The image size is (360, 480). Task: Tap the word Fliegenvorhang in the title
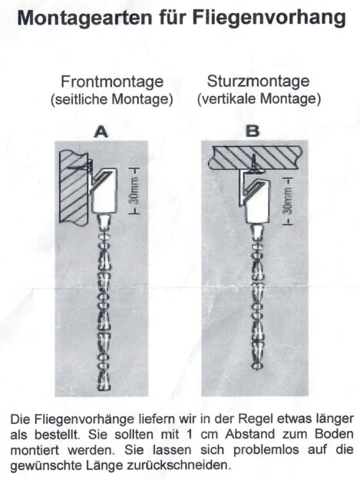tap(269, 18)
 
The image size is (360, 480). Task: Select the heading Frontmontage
tap(112, 81)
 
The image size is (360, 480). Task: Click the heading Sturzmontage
tap(258, 81)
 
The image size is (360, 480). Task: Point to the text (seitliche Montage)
tap(112, 100)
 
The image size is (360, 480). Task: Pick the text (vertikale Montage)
tap(259, 99)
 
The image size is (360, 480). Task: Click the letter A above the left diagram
tap(101, 132)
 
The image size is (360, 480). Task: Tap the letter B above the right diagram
tap(253, 131)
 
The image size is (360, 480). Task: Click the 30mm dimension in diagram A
tap(134, 190)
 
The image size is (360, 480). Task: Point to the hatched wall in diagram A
tap(74, 187)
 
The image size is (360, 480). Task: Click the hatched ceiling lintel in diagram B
tap(256, 157)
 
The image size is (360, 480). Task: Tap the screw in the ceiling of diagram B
tap(254, 164)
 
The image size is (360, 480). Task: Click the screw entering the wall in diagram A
tap(80, 167)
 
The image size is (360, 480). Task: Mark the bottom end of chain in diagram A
tap(104, 389)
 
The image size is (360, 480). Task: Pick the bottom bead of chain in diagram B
tap(257, 366)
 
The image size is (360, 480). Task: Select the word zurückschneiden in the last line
tap(178, 465)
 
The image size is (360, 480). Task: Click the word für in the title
tap(172, 18)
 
